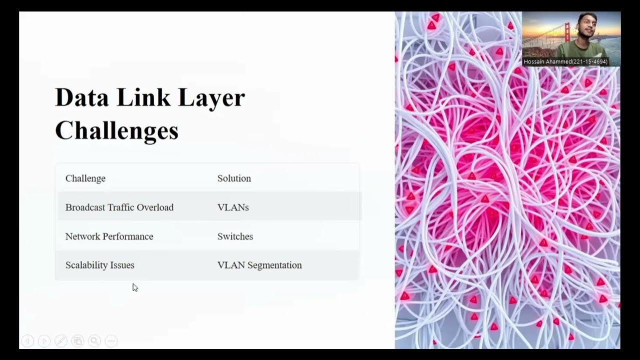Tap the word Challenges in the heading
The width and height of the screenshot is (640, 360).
click(x=116, y=131)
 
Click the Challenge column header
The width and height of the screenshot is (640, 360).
click(x=85, y=178)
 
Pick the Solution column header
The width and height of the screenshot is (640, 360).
click(x=234, y=178)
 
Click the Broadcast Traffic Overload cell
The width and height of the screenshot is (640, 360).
click(x=119, y=207)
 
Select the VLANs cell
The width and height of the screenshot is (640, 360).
click(x=233, y=207)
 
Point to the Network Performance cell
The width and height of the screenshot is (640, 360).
click(x=109, y=236)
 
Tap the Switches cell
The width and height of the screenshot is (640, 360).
click(x=235, y=236)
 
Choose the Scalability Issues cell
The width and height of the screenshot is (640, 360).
click(x=100, y=265)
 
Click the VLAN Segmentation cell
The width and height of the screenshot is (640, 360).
click(x=259, y=265)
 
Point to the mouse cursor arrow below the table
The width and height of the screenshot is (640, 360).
click(x=134, y=287)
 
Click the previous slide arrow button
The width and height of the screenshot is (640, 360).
click(x=27, y=341)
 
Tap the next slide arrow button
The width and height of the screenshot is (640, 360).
click(x=44, y=341)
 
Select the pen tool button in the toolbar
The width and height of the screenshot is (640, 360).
click(x=61, y=341)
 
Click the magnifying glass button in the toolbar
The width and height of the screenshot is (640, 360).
click(x=94, y=341)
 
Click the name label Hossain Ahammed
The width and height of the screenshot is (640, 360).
click(x=565, y=62)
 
